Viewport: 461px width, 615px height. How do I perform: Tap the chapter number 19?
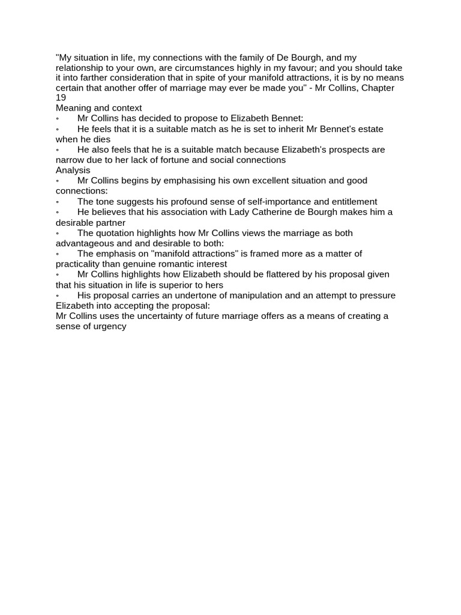[x=61, y=98]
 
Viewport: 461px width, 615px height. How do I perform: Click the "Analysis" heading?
[x=73, y=170]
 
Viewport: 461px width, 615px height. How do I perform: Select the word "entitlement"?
[x=351, y=202]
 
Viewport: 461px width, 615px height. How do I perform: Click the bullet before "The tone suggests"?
[x=58, y=202]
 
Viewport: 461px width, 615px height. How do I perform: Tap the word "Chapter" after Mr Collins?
[x=378, y=88]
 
